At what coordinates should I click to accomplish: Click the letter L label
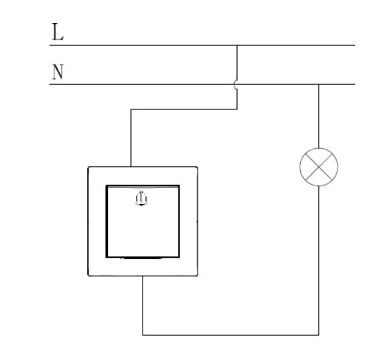[58, 32]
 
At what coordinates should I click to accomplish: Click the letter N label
[58, 71]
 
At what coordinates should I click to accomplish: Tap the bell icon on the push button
[141, 198]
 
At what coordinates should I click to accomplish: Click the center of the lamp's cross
[318, 167]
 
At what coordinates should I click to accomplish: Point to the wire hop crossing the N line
[236, 84]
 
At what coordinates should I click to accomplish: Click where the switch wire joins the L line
[237, 46]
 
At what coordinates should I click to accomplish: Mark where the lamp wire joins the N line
[318, 84]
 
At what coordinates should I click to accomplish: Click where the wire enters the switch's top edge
[131, 167]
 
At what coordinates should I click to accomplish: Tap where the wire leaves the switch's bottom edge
[143, 276]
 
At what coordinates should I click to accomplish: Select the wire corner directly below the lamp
[318, 335]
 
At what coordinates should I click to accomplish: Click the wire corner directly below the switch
[143, 335]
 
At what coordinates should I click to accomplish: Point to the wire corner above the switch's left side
[131, 109]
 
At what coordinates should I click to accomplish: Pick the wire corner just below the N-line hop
[237, 109]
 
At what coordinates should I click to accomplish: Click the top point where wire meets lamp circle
[318, 148]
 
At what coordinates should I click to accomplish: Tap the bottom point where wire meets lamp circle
[318, 186]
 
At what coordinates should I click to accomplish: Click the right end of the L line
[354, 46]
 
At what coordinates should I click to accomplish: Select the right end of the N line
[354, 84]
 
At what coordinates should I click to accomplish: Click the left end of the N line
[50, 84]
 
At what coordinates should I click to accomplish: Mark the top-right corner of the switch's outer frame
[197, 167]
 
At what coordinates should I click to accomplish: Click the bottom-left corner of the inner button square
[107, 257]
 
